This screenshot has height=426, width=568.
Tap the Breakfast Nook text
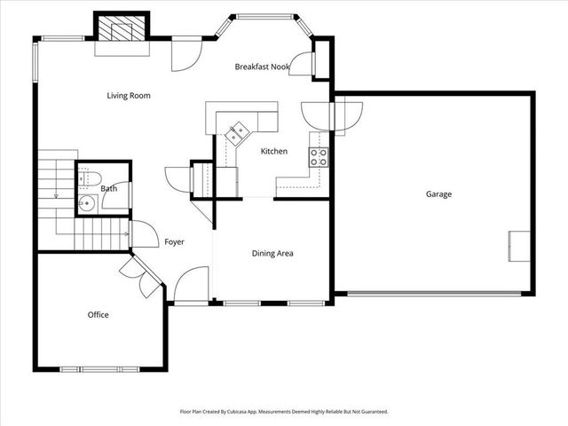pos(264,67)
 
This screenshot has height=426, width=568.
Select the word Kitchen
pos(273,151)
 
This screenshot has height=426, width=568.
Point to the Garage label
pos(438,193)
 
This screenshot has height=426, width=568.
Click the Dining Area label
pos(272,253)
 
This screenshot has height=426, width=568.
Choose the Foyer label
pos(174,241)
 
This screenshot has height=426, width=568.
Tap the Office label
pos(98,314)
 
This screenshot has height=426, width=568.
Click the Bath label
pos(108,188)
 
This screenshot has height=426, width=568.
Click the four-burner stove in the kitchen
pos(318,158)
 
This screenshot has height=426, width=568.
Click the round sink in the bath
pos(87,203)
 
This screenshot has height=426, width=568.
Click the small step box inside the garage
pos(519,246)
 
